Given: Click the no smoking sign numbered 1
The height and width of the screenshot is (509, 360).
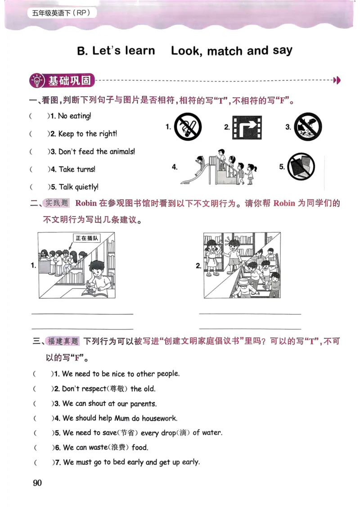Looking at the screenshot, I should (188, 127).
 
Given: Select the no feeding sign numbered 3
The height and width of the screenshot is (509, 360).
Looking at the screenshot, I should (308, 127).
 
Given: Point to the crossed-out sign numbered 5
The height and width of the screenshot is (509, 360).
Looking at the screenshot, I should (301, 166).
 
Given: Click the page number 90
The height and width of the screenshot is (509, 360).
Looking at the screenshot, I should (37, 483).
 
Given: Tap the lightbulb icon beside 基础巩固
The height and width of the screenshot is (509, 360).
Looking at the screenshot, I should (36, 81).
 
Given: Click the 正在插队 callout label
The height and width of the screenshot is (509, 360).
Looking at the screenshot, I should (87, 238).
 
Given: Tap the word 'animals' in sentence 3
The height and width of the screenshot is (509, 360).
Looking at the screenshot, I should (121, 152).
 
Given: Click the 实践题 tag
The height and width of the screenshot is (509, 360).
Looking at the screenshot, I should (56, 203).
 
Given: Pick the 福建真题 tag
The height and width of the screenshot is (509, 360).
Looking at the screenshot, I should (63, 341).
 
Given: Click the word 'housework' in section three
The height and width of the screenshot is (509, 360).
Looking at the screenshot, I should (159, 418).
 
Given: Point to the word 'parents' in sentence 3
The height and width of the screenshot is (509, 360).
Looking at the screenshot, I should (143, 404).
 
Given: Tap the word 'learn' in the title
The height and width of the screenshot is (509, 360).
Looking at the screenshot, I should (140, 51).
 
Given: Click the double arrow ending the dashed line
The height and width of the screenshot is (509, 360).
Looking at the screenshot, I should (337, 80).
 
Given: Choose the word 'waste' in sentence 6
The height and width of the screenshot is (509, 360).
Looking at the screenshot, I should (98, 448).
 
